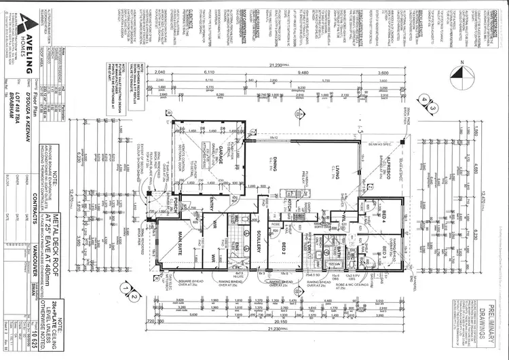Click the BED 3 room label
(384, 257)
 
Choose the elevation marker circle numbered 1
(124, 287)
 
